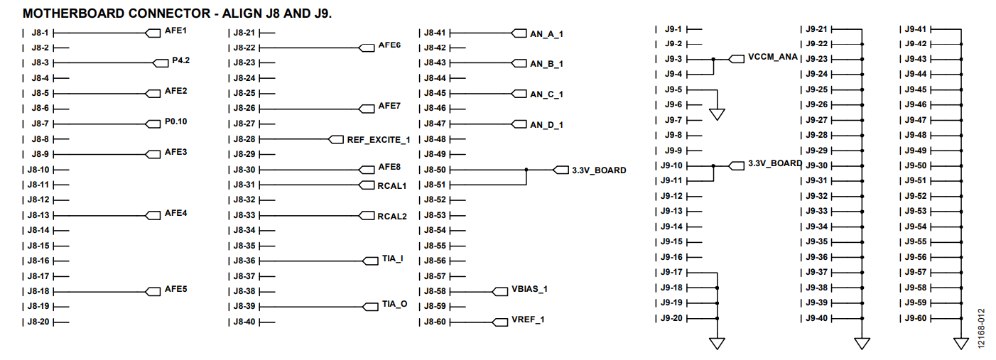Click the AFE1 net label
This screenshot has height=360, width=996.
point(175,31)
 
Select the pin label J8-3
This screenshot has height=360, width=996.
point(40,62)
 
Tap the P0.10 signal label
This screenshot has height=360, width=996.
point(175,121)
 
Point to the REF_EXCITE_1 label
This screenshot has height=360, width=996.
point(379,140)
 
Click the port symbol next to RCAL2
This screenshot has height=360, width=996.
point(367,216)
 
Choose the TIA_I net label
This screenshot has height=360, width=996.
point(393,258)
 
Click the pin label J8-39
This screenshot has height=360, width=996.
point(244,306)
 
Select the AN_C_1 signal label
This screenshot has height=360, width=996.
point(546,94)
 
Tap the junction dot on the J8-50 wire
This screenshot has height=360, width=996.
point(526,170)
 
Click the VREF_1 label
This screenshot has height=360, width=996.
point(528,320)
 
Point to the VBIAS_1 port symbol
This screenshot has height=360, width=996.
point(500,292)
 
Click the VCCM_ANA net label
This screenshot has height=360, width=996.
point(773,57)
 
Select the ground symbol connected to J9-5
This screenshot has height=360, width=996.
point(718,114)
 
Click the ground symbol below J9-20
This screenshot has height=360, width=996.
point(718,344)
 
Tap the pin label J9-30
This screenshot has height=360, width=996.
point(817,165)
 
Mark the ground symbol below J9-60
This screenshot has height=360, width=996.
point(961,344)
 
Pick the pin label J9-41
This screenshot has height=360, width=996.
point(916,29)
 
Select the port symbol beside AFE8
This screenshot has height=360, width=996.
point(367,170)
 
